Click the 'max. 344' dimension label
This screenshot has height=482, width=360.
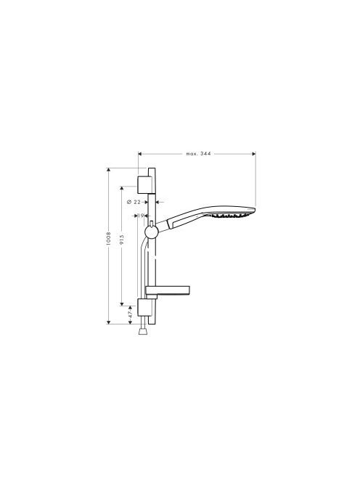click(198, 153)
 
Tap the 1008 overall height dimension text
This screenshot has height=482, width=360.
click(108, 238)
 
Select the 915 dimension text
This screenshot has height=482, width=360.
click(122, 240)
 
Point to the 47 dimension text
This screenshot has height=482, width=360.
click(131, 314)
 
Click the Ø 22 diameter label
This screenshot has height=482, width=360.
click(134, 202)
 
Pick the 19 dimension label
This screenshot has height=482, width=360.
click(141, 216)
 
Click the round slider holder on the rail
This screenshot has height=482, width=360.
click(151, 232)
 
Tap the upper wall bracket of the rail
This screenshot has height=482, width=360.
click(146, 185)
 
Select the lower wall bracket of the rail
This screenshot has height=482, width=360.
click(144, 307)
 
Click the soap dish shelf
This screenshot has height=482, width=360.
click(168, 291)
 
